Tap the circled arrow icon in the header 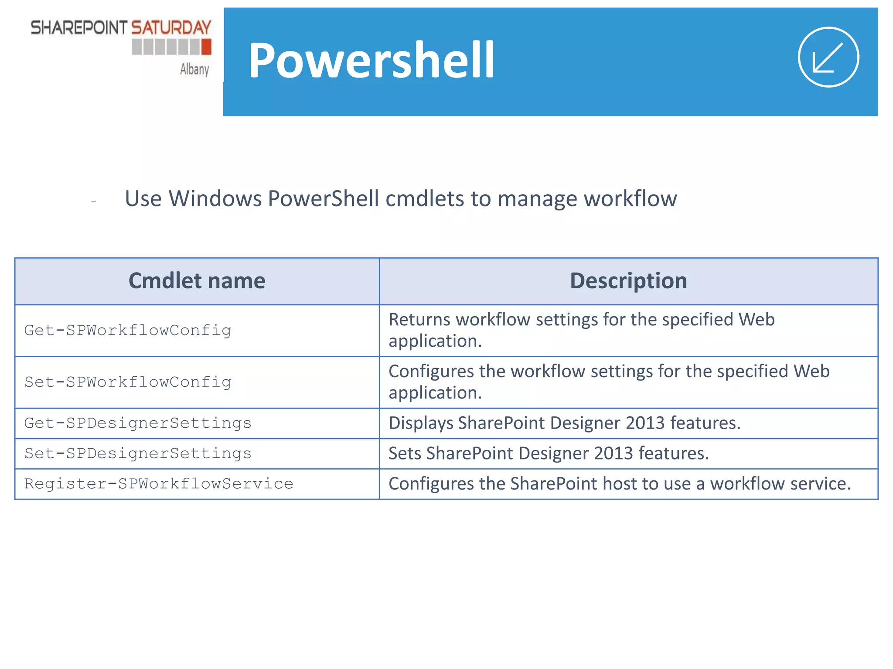click(x=828, y=57)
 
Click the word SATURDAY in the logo click(x=171, y=28)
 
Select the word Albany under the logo click(x=194, y=69)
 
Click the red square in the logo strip click(x=206, y=47)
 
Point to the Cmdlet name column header click(x=197, y=281)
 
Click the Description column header click(x=628, y=281)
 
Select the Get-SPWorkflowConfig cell click(x=128, y=330)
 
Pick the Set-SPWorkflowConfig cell click(x=128, y=382)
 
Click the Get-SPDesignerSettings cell click(x=138, y=423)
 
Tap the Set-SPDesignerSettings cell click(x=138, y=453)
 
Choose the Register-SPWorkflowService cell click(x=159, y=483)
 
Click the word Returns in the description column click(x=419, y=320)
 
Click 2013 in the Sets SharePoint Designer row click(x=613, y=453)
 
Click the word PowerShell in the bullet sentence click(x=323, y=199)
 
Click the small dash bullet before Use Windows click(x=93, y=202)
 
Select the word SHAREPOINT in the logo click(x=78, y=28)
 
